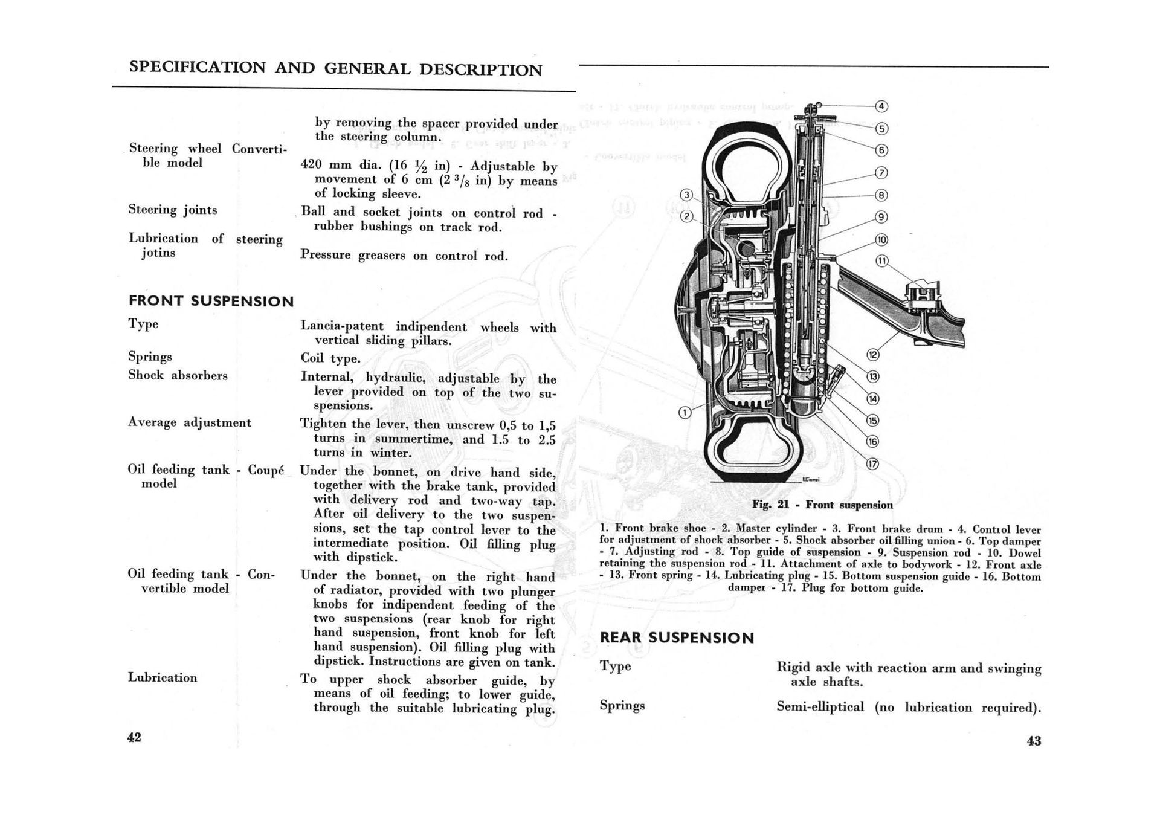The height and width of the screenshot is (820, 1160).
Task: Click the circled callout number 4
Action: [x=881, y=106]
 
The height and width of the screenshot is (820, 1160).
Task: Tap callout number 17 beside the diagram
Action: [x=872, y=464]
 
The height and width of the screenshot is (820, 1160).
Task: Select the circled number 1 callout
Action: [x=685, y=413]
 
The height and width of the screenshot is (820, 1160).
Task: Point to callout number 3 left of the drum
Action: [x=686, y=195]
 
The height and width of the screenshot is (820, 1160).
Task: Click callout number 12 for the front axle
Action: [x=873, y=355]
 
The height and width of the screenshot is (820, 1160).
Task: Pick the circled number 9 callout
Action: [x=881, y=217]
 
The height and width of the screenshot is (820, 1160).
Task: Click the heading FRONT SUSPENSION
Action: [x=211, y=301]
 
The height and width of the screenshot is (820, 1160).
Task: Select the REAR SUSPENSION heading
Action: [x=677, y=638]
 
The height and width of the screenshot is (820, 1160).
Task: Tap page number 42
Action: [x=134, y=737]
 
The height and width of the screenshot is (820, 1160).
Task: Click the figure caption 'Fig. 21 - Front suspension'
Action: [x=822, y=505]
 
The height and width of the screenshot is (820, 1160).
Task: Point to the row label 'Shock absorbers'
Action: [x=178, y=375]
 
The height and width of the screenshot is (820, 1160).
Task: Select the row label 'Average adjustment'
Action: [x=189, y=422]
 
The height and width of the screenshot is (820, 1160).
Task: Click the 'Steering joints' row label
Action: [x=172, y=210]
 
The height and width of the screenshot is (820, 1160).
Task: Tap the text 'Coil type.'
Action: [x=330, y=358]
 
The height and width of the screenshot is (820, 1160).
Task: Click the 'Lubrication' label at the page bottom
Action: [x=163, y=677]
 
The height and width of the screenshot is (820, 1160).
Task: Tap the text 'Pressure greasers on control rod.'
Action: [x=404, y=255]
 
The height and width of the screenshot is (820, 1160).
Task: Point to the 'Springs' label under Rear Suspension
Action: [x=622, y=705]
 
